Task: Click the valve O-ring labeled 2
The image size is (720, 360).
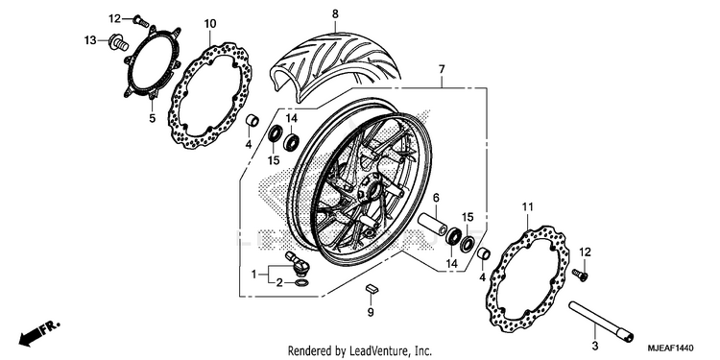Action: pyautogui.click(x=300, y=282)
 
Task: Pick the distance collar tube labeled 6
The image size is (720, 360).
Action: pyautogui.click(x=433, y=224)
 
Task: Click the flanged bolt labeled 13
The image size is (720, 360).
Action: pyautogui.click(x=118, y=42)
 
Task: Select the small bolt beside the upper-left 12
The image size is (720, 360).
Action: pyautogui.click(x=140, y=20)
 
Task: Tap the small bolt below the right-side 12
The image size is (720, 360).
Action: pyautogui.click(x=581, y=275)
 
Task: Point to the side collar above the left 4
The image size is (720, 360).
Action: pyautogui.click(x=252, y=121)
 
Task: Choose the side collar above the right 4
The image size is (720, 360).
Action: pyautogui.click(x=484, y=254)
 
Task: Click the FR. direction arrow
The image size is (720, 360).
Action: pyautogui.click(x=39, y=333)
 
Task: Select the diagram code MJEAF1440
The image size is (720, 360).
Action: pyautogui.click(x=670, y=348)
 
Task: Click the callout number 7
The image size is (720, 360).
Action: pyautogui.click(x=442, y=69)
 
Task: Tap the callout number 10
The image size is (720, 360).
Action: pyautogui.click(x=210, y=23)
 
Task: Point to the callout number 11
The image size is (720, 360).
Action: pyautogui.click(x=528, y=207)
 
